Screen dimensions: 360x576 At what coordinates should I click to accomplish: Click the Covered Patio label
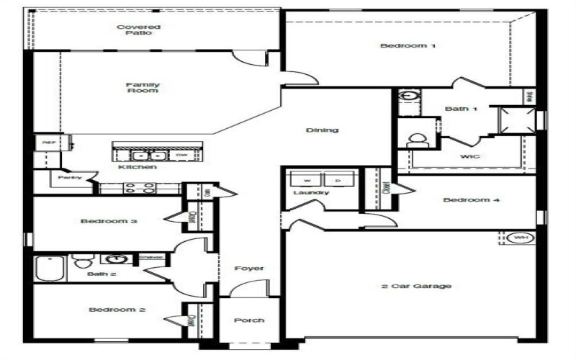139,30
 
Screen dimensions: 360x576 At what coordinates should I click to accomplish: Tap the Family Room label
143,88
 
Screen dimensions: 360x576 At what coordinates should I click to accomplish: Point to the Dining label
322,130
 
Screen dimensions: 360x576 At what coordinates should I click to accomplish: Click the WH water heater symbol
520,238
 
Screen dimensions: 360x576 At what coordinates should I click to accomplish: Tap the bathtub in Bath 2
49,269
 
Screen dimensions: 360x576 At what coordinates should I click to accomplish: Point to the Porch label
249,320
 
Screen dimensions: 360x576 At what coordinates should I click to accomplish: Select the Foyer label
249,269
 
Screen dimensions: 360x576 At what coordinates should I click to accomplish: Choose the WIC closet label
470,156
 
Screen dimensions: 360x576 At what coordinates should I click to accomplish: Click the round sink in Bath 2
114,259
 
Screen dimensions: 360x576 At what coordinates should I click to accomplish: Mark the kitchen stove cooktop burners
138,189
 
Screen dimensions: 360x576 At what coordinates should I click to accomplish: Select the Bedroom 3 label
109,221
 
